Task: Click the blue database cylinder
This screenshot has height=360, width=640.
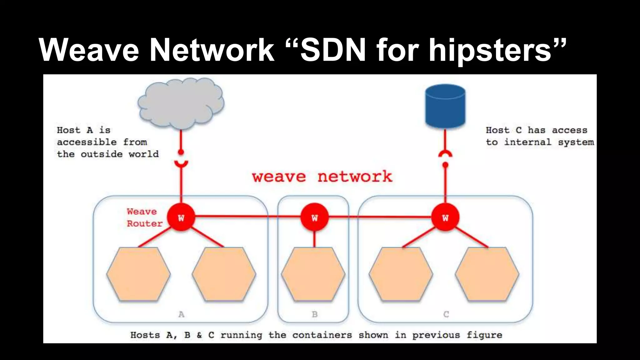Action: (445, 106)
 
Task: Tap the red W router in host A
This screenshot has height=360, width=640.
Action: (181, 217)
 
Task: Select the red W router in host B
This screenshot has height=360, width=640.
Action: (314, 217)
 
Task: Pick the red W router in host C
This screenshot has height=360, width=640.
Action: (445, 217)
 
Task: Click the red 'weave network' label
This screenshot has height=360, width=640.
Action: (322, 177)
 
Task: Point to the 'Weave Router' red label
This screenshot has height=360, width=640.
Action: (144, 217)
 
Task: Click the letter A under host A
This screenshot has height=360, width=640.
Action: (181, 314)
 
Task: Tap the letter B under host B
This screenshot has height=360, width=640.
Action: (315, 314)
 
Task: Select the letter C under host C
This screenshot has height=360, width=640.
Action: (446, 314)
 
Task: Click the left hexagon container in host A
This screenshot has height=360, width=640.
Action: (138, 274)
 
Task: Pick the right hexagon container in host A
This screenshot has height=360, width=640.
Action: (224, 274)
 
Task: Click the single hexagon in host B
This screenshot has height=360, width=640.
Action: (313, 274)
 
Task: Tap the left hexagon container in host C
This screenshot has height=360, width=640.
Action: (401, 274)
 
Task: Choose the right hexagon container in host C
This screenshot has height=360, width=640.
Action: (487, 274)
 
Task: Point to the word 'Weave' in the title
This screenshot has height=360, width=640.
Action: (89, 50)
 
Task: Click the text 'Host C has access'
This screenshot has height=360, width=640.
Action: (536, 130)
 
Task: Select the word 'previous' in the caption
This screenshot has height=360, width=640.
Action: (436, 335)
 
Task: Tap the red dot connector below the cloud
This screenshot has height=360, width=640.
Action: (181, 152)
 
